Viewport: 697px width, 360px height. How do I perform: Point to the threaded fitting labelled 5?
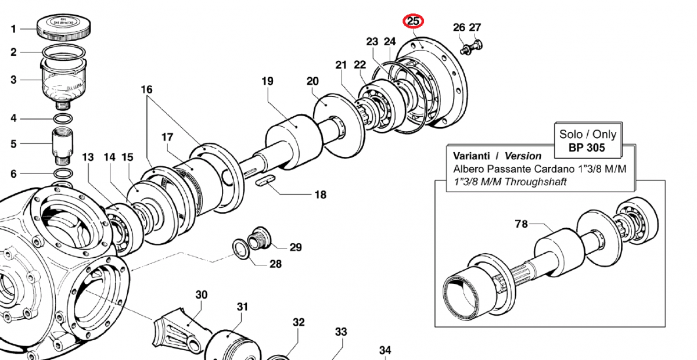(x=61, y=145)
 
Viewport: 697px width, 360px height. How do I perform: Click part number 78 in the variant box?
(x=521, y=224)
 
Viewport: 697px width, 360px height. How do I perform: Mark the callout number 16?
(x=146, y=89)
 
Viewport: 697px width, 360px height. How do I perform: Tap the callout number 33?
(x=340, y=332)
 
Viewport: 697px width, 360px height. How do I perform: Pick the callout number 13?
(x=88, y=157)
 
